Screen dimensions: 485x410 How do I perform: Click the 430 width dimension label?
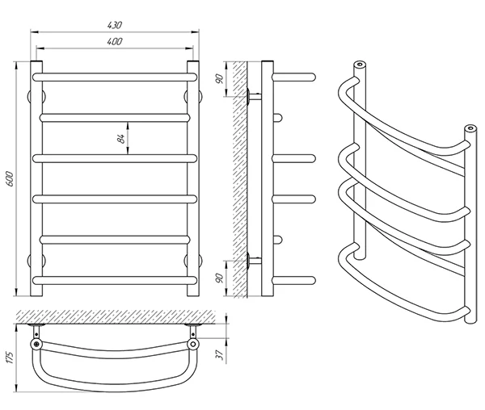coord(115,25)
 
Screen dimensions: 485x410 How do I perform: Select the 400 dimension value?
coord(115,41)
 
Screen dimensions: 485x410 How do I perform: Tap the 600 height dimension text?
coord(10,178)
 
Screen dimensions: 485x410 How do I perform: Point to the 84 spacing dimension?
coord(121,139)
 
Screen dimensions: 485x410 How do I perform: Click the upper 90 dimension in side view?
coord(219,79)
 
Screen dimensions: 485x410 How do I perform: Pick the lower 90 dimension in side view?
coord(219,278)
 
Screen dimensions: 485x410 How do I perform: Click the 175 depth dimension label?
coord(10,358)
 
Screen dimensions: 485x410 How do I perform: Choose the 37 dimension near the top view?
coord(219,355)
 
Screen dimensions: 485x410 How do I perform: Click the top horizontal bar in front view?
coord(115,77)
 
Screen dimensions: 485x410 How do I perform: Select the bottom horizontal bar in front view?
coord(115,280)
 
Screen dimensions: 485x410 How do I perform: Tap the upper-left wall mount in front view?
coord(36,96)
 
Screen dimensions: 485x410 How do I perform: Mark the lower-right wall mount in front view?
coord(193,260)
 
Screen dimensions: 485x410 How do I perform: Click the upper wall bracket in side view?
coord(254,96)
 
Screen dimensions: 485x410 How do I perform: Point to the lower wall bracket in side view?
coord(254,260)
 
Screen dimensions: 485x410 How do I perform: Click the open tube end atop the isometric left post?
coord(360,65)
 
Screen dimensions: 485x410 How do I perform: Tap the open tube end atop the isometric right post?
coord(470,128)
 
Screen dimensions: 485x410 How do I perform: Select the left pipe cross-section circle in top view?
coord(36,344)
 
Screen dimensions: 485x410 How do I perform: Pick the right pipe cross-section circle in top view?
coord(193,344)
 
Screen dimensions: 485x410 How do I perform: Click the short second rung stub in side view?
coord(278,118)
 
